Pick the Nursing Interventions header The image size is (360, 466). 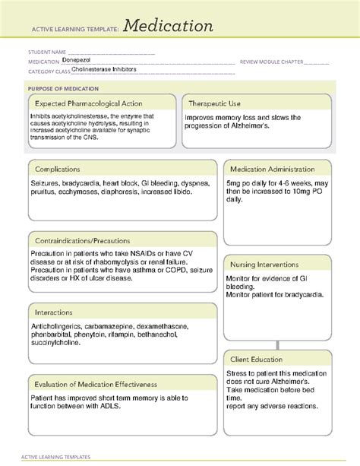click(267, 264)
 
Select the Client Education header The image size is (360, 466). click(257, 359)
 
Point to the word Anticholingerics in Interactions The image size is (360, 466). click(58, 326)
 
